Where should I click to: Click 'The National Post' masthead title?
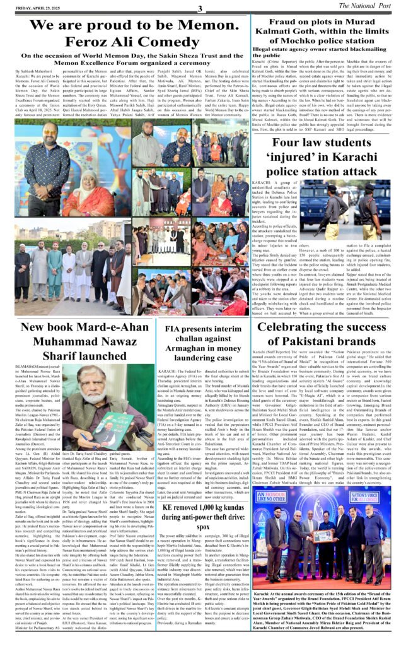(x=368, y=7)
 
